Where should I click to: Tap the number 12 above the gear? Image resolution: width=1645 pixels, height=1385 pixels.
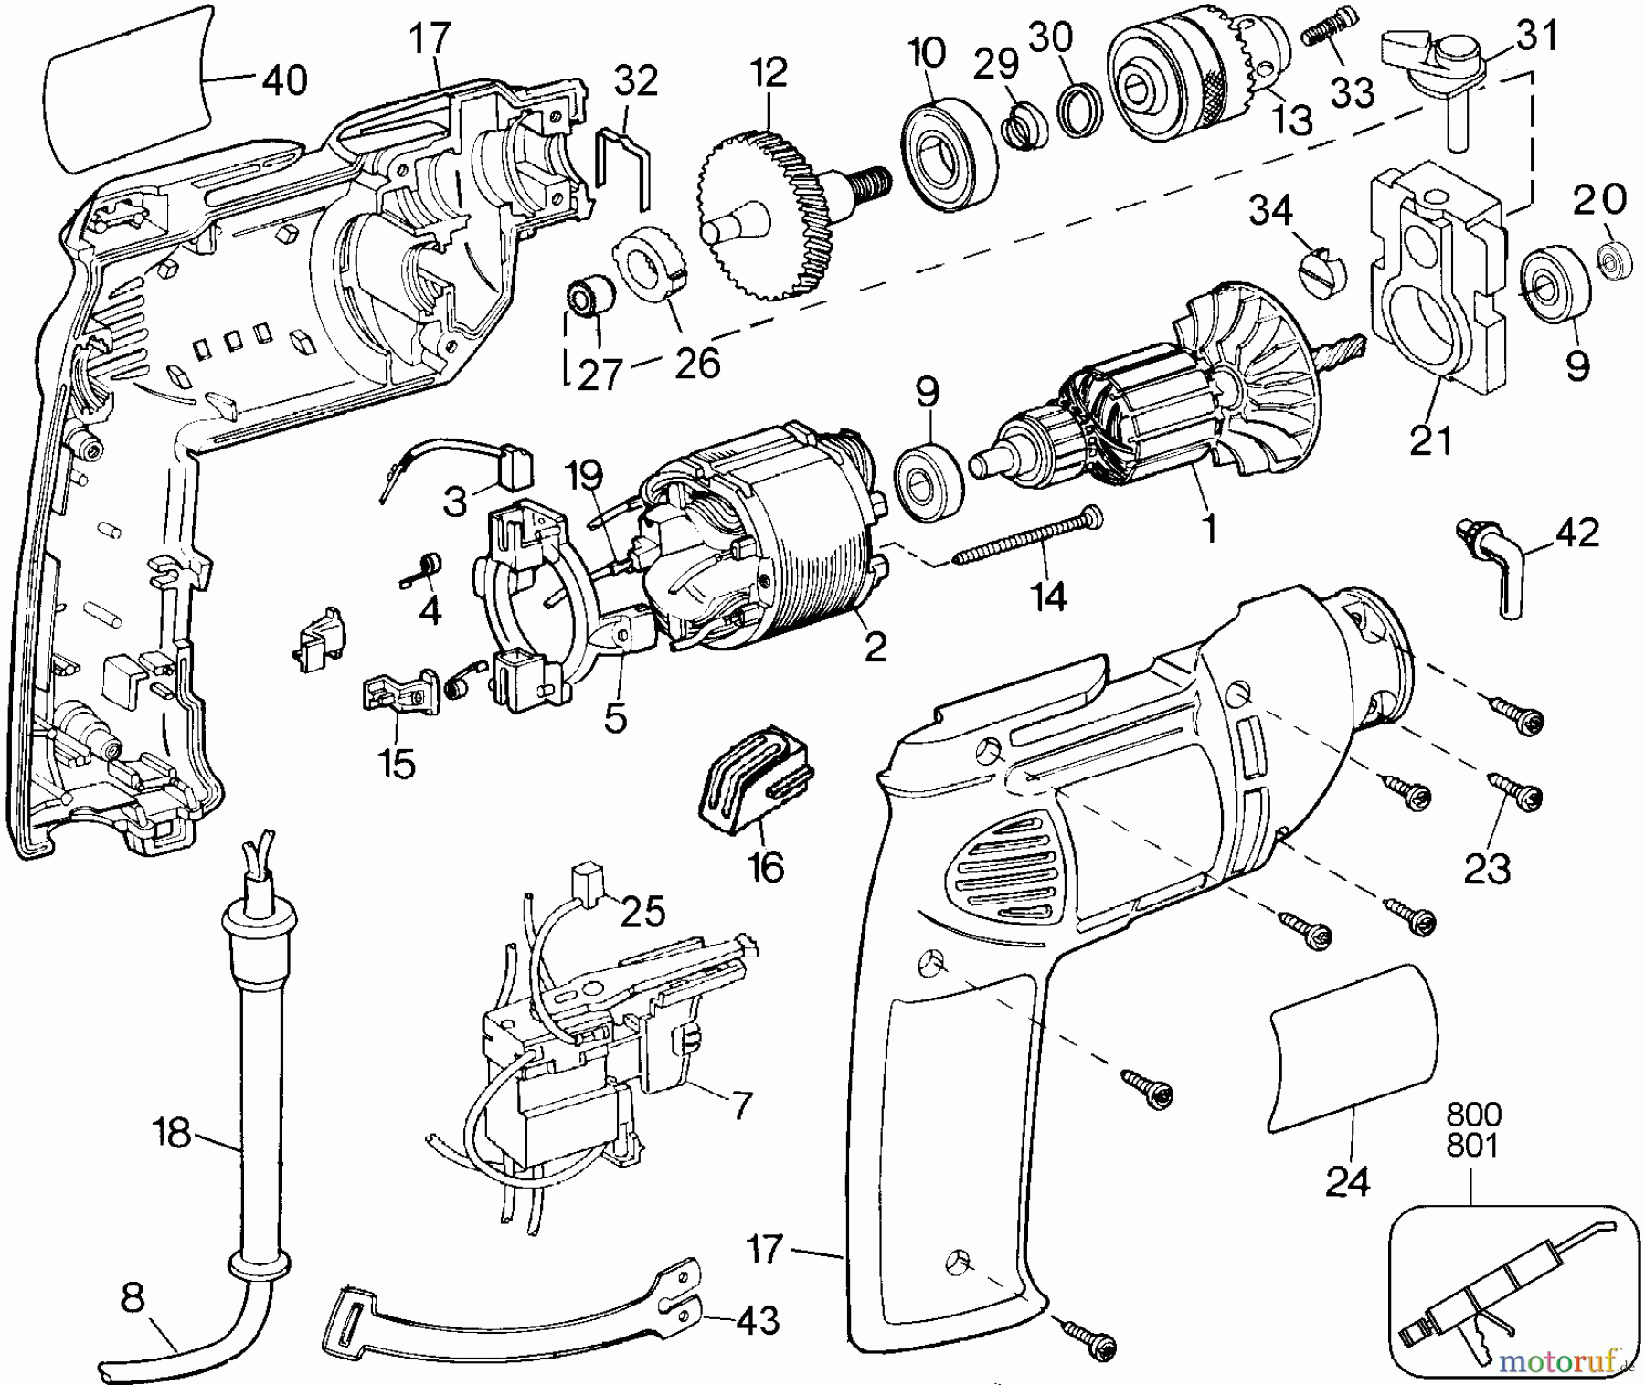(x=769, y=72)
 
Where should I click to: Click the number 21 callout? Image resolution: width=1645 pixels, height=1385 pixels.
(x=1431, y=441)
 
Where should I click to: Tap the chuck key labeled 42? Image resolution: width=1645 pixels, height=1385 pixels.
(x=1496, y=566)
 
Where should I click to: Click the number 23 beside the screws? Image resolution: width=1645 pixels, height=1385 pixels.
(x=1487, y=868)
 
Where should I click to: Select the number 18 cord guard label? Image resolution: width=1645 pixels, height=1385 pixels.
(x=172, y=1133)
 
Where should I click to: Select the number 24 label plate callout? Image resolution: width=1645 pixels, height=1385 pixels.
(x=1348, y=1183)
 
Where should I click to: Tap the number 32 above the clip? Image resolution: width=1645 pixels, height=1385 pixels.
(x=635, y=81)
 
